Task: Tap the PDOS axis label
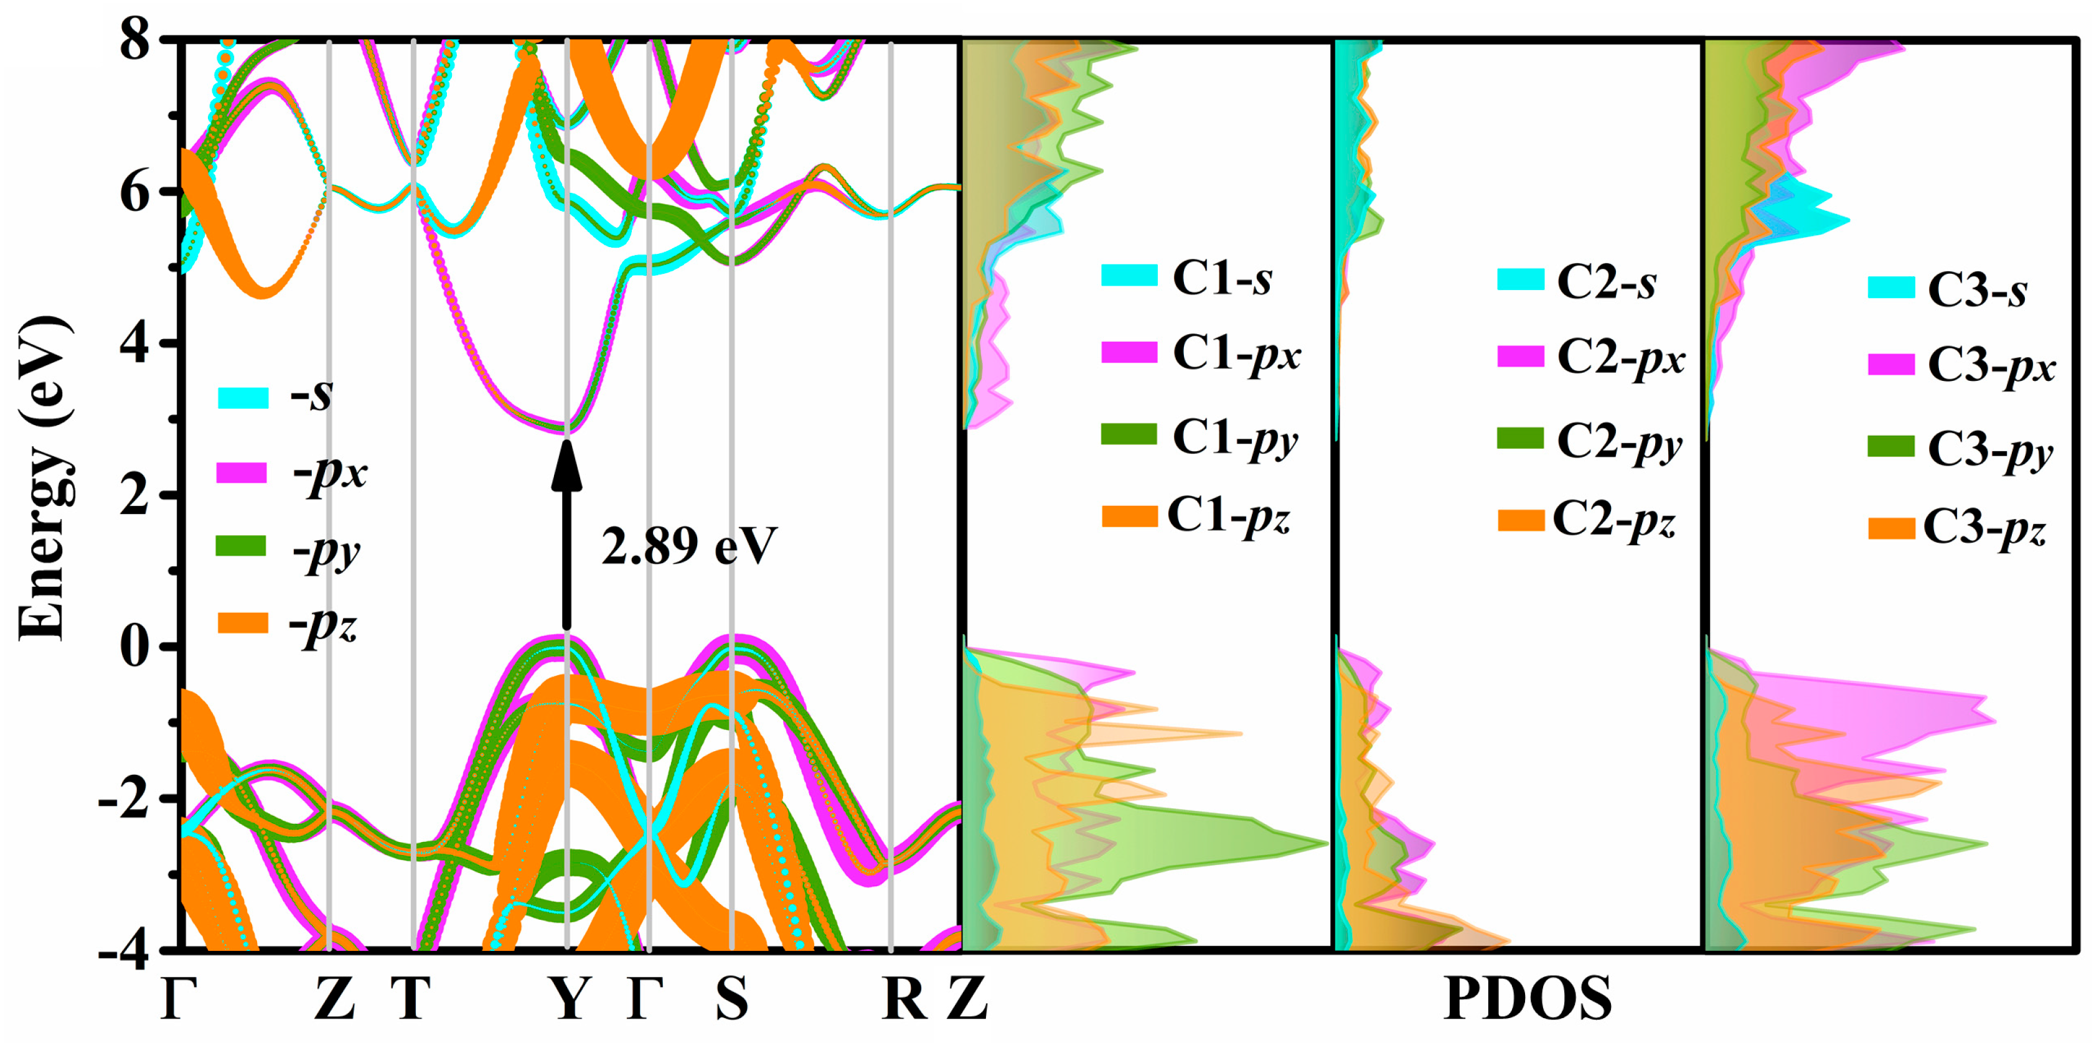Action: (x=1526, y=998)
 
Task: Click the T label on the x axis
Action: (x=410, y=998)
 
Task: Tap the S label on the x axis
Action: (x=731, y=998)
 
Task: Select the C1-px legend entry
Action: (x=1201, y=353)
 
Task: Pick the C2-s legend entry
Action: (x=1575, y=281)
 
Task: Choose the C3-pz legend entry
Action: (x=1956, y=528)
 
